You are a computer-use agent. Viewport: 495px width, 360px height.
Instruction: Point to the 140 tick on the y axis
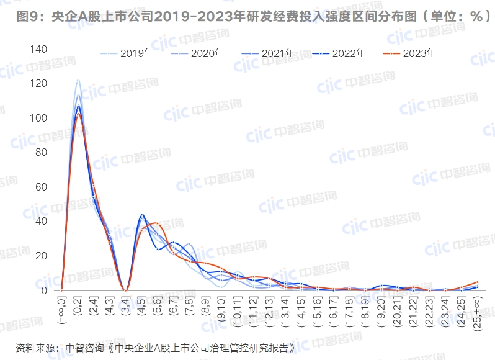(x=38, y=49)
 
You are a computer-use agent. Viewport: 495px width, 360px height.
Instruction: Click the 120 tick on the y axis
(x=38, y=83)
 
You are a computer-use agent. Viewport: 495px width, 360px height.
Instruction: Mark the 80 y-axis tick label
(x=41, y=152)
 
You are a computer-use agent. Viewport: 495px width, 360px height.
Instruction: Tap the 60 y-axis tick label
(x=41, y=187)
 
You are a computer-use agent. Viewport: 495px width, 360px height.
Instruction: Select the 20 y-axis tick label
(x=41, y=256)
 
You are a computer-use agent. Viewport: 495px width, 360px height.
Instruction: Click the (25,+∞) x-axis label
(x=477, y=314)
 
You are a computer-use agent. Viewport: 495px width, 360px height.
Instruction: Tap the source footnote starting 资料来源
(x=156, y=346)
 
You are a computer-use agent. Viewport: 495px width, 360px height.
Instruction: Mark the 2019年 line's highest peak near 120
(x=78, y=80)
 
